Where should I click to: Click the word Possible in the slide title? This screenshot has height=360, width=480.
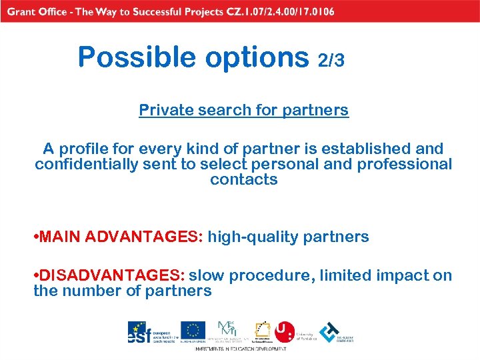point(137,57)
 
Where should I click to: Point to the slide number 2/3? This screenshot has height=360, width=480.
point(331,61)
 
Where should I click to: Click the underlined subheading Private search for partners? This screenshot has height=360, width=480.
point(243,110)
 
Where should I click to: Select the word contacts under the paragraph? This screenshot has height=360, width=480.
point(243,179)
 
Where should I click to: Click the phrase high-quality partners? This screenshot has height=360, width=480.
point(289,237)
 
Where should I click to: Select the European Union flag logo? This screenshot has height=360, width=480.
point(193,331)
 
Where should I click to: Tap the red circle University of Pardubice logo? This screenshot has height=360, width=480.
point(285,331)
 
